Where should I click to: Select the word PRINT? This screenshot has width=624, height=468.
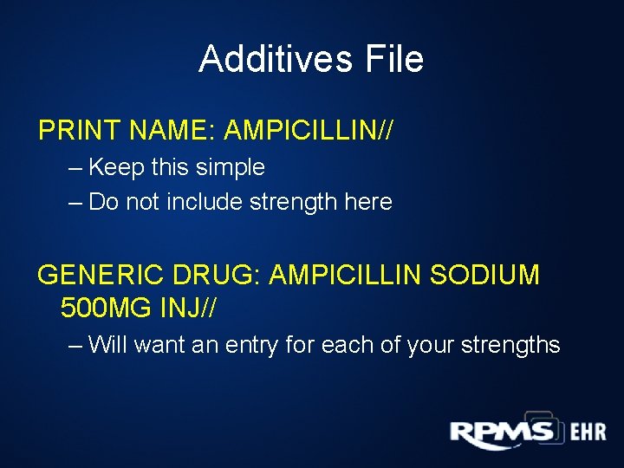tap(80, 131)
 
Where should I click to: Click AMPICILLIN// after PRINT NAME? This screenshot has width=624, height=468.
tap(309, 131)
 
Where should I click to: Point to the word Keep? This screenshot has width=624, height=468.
tap(117, 167)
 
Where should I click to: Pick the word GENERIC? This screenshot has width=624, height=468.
tap(97, 276)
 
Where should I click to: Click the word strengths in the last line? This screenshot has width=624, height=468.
tap(510, 345)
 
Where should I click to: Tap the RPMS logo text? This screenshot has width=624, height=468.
tap(500, 432)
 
